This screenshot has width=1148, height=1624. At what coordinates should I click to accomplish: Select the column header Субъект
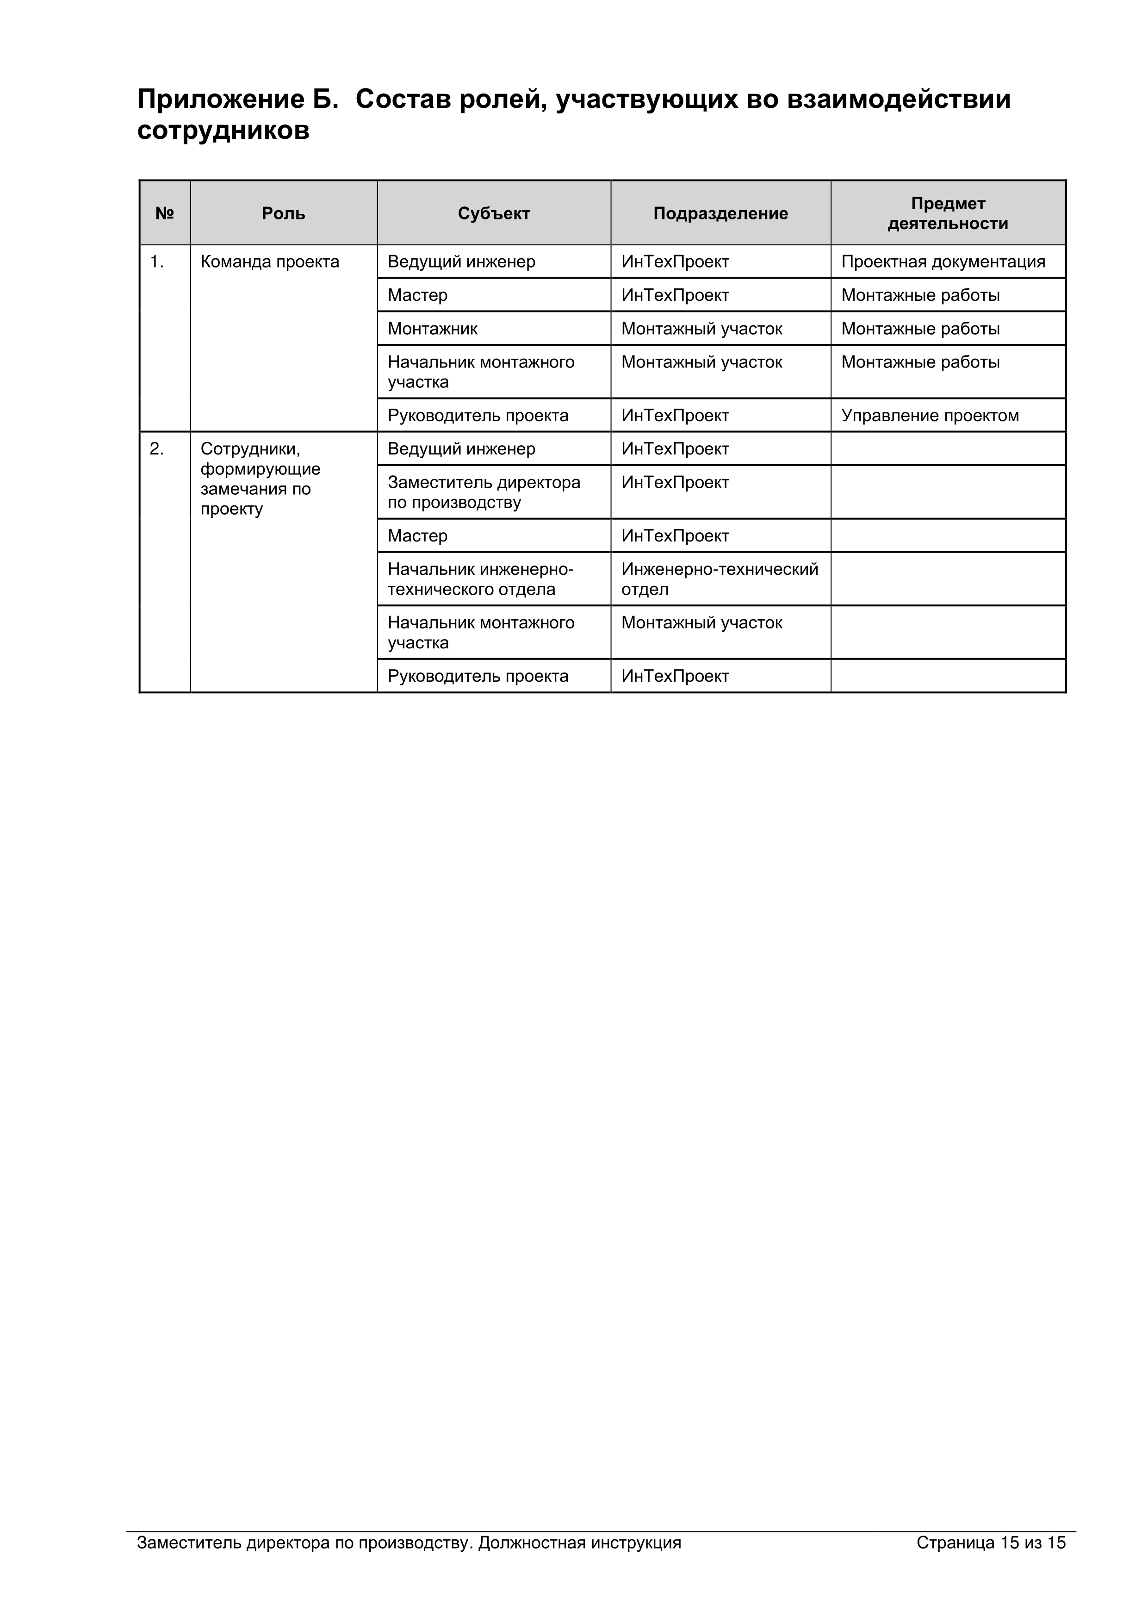(x=494, y=214)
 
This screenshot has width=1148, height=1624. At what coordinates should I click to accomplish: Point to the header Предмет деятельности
(x=947, y=214)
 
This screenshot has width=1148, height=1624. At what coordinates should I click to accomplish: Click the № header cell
(x=165, y=214)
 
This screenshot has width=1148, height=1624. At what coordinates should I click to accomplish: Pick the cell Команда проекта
(x=269, y=261)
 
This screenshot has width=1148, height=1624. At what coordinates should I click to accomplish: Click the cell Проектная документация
(x=943, y=261)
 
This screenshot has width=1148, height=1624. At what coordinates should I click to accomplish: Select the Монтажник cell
(x=432, y=329)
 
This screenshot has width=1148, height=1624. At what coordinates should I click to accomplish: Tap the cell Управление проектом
(x=930, y=416)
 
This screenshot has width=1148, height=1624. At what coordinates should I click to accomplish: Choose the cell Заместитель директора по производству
(x=484, y=492)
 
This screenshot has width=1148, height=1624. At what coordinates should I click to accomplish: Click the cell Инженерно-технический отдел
(x=720, y=579)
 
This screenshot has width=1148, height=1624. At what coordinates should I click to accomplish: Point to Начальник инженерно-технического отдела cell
(x=480, y=579)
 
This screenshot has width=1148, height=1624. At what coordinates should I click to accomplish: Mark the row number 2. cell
(x=156, y=449)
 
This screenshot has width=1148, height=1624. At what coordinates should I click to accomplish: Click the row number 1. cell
(x=156, y=261)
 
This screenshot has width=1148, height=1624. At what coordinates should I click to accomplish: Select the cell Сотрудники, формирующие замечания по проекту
(x=261, y=479)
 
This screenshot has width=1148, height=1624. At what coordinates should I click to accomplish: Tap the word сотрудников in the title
(x=223, y=131)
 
